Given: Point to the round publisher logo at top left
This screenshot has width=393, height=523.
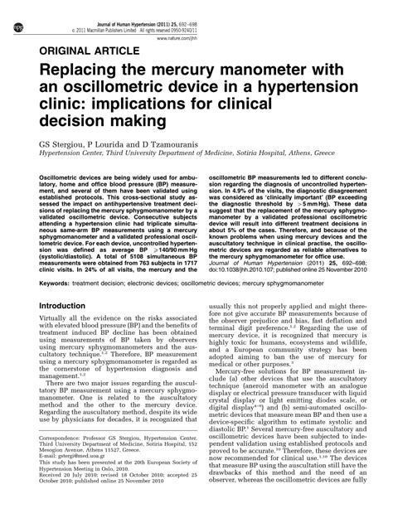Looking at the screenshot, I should click(10, 7).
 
